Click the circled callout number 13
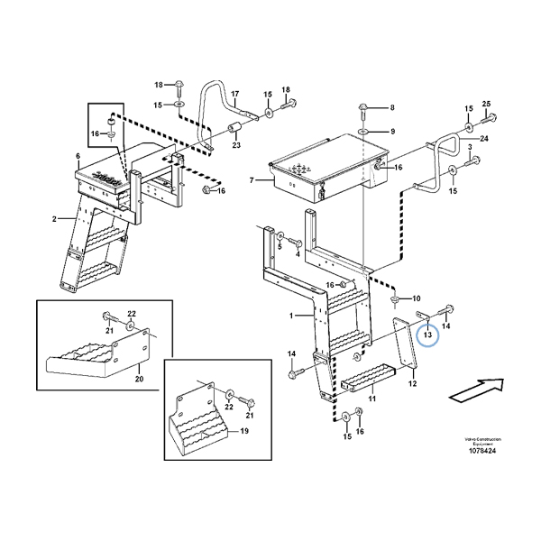point(427,335)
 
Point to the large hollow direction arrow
point(476,390)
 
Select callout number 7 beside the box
point(253,180)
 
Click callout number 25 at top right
point(487,105)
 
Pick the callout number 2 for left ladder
point(53,219)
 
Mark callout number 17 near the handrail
point(234,94)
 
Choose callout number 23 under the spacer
point(236,144)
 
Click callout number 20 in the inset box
point(139,380)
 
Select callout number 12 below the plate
point(412,384)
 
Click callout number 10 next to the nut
point(416,298)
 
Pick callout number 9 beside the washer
point(392,132)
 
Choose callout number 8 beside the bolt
point(392,108)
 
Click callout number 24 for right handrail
point(484,138)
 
